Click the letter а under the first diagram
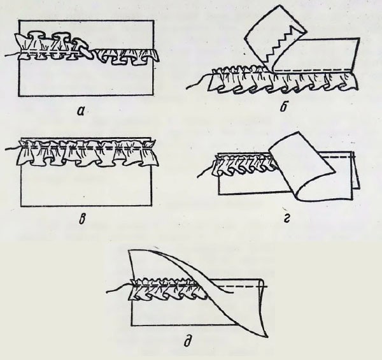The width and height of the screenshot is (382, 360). (81, 111)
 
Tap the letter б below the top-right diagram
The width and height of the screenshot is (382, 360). (283, 106)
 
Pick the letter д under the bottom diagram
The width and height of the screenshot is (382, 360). (188, 341)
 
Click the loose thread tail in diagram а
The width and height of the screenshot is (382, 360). (12, 55)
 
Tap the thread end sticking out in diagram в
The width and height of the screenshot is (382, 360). (13, 148)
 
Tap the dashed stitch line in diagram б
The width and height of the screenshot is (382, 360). (313, 70)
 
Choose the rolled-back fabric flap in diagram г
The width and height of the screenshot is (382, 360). (302, 166)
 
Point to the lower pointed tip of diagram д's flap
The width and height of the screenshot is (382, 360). (267, 336)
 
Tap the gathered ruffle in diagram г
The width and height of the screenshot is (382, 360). (244, 166)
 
